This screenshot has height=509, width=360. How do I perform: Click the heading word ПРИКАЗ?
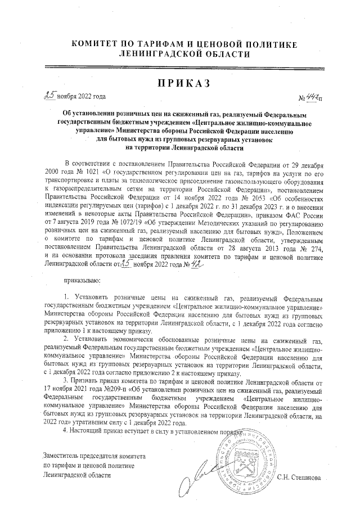180,84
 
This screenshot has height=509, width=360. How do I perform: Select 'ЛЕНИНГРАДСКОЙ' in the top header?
148,54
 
